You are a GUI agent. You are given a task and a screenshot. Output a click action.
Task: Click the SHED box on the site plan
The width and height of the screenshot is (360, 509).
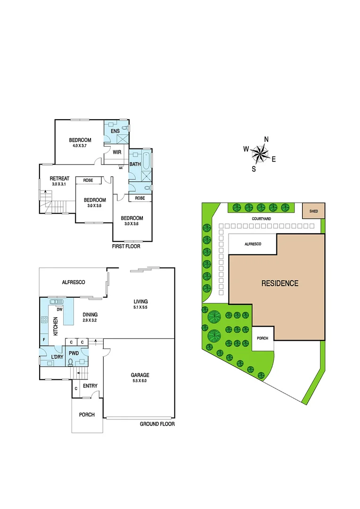(313, 211)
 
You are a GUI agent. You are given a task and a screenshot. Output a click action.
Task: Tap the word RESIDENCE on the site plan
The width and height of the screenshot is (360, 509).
(280, 283)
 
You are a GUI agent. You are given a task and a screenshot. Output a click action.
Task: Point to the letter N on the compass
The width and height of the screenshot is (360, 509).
(266, 139)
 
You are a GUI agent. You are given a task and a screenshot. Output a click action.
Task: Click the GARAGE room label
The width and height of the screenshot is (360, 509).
(140, 375)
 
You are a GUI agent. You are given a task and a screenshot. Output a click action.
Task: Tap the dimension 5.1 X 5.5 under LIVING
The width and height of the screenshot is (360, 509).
(140, 307)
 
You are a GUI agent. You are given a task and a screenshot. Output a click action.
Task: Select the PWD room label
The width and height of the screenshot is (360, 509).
(74, 353)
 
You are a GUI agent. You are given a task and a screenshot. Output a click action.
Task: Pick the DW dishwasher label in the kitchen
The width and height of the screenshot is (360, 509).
(59, 310)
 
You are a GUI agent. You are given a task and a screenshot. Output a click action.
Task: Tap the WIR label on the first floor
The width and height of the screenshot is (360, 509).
(116, 152)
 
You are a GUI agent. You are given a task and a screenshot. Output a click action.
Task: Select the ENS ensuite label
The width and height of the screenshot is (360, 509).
(115, 131)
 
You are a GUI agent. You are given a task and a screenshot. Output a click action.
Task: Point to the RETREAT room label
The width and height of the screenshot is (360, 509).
(60, 179)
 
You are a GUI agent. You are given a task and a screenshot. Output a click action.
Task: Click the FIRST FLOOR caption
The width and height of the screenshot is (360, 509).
(126, 246)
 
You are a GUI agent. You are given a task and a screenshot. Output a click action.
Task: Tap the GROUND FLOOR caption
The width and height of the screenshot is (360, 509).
(157, 424)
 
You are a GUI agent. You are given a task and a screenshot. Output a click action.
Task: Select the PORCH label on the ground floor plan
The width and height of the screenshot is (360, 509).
(87, 415)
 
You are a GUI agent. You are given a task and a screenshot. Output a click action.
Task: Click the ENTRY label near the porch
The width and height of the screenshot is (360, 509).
(90, 386)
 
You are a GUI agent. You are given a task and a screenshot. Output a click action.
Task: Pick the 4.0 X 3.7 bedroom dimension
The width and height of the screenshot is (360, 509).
(80, 146)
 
